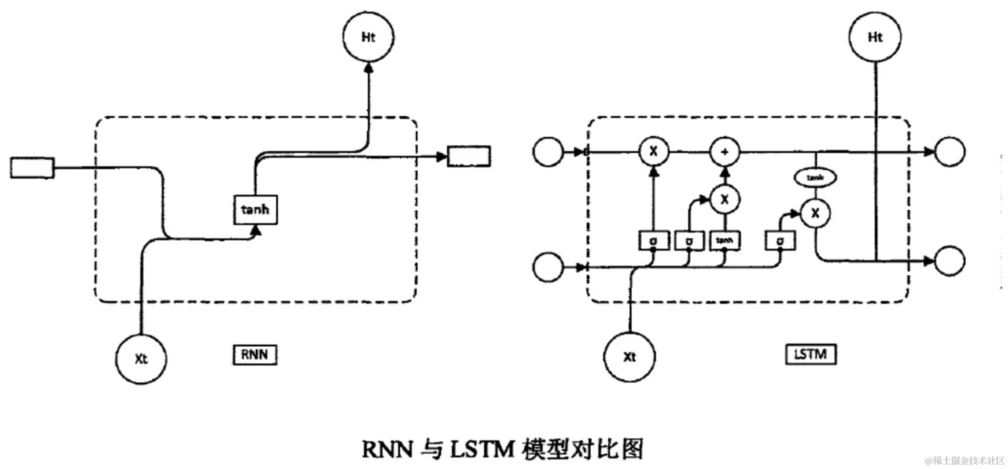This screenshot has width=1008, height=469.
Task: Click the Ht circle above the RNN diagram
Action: coord(368,37)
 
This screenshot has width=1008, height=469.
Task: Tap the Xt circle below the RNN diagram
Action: coord(141,358)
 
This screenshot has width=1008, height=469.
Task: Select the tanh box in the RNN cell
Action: coord(255,209)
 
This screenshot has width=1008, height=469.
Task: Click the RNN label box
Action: coord(254,354)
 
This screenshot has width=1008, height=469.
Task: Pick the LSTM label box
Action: coord(810,354)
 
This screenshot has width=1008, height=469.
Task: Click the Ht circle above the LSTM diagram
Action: coord(875,37)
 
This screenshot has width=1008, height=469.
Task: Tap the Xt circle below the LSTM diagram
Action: coord(629,356)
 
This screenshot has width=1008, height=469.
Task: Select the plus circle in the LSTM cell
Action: coord(725,151)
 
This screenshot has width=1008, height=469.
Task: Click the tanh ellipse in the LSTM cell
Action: coord(815,177)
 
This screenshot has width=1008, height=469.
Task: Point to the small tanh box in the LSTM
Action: coord(724,240)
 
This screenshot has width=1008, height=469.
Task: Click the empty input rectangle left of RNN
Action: coord(32,167)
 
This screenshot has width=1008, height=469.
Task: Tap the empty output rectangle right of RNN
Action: coord(468,156)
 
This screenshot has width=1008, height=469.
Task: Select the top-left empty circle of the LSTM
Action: coord(548,151)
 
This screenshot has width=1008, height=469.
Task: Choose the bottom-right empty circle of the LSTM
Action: coord(949,260)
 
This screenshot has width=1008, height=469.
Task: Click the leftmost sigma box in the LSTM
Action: coord(653,240)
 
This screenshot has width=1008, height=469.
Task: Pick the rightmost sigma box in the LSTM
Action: coord(780,240)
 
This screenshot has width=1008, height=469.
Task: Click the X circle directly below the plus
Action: coord(725,199)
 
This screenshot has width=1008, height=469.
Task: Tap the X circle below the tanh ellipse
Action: coord(815,213)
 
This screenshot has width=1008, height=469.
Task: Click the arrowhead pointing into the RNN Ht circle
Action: coord(368,68)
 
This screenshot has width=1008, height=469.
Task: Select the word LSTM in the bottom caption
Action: coord(482,449)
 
